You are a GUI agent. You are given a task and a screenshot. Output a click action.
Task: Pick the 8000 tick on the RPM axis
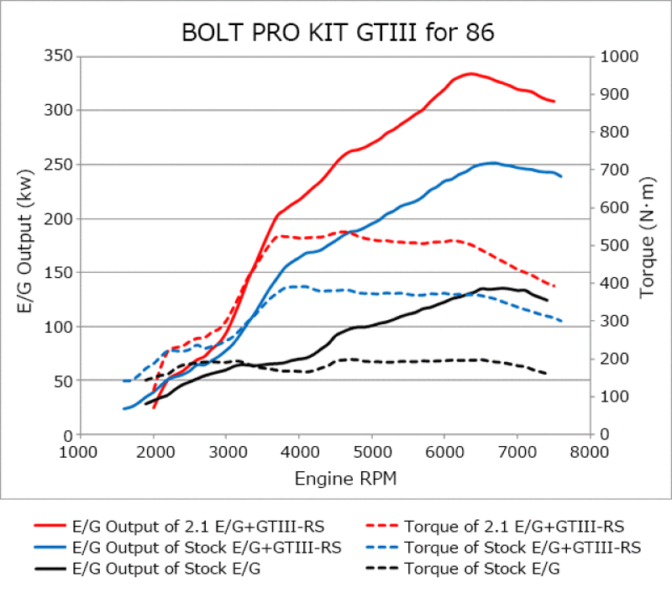click(x=588, y=453)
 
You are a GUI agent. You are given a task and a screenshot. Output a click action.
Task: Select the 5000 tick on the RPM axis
click(x=370, y=453)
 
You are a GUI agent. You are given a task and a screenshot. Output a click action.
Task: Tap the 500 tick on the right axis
click(x=613, y=245)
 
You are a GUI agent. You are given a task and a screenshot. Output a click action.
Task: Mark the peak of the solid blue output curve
click(x=493, y=163)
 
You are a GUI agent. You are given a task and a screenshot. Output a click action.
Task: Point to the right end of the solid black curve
click(x=548, y=300)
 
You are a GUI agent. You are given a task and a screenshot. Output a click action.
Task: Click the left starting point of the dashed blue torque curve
click(x=124, y=380)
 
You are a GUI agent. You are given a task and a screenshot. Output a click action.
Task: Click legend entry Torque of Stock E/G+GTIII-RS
click(x=522, y=548)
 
